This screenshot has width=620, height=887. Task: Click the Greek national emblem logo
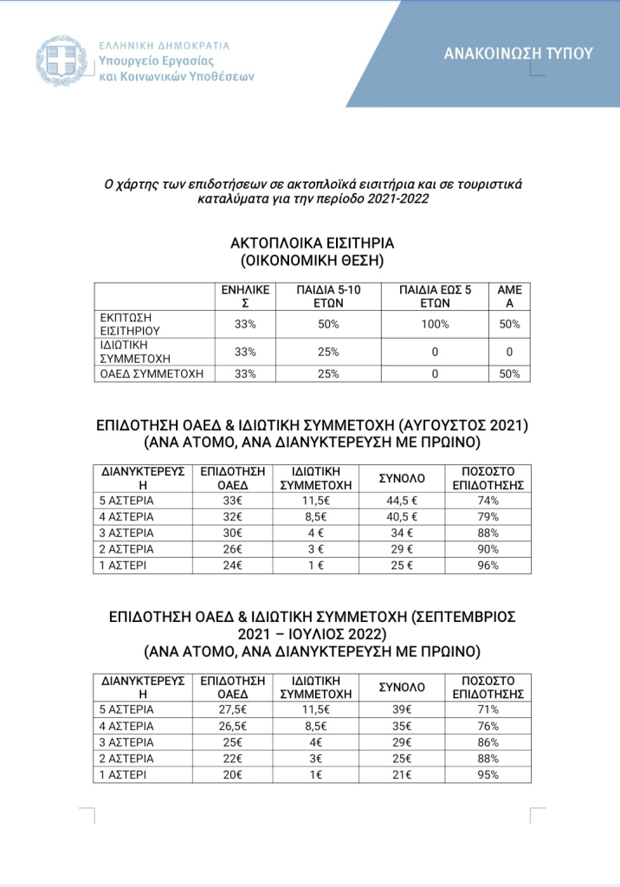[60, 61]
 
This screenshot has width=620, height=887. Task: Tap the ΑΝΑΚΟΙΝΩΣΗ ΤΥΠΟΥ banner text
[519, 53]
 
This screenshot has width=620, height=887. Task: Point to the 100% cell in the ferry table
[436, 325]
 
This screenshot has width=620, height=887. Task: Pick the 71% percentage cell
[488, 709]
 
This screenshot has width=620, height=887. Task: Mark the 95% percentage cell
[488, 775]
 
